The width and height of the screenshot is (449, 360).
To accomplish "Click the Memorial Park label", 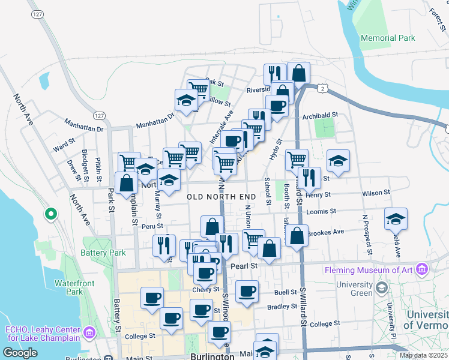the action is pos(388,38).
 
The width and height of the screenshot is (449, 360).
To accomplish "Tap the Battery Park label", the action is pos(106,253).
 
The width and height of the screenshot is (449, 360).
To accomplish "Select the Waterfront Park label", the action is pos(68,287).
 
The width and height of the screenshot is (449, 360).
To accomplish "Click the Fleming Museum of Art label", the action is pos(369,270).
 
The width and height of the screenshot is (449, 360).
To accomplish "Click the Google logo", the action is pos(20,353).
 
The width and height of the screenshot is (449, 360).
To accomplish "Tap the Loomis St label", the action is pos(319,212).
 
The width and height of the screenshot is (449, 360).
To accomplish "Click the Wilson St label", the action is pos(376,193).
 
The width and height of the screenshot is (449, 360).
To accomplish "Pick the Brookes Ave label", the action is pos(325,232).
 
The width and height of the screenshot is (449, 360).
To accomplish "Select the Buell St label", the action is pos(286,293).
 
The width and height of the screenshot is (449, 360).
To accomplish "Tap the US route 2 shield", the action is pos(323,88).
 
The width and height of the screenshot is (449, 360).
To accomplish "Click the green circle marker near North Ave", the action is pos(51,213).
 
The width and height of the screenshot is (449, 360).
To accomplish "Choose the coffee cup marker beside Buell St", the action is pos(247,292).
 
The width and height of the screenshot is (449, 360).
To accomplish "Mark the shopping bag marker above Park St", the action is pos(127,182).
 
